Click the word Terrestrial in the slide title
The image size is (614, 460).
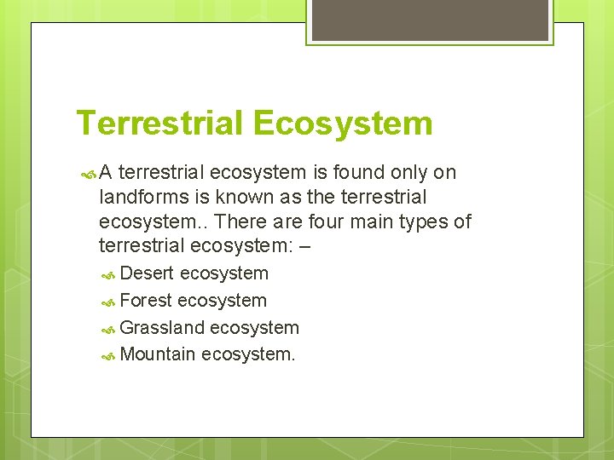tap(159, 124)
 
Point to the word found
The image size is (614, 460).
tap(358, 172)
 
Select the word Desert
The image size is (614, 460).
tap(148, 273)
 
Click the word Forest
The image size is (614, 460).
tap(147, 301)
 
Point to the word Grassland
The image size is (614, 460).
tap(162, 328)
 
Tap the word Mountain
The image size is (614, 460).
tap(159, 354)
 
